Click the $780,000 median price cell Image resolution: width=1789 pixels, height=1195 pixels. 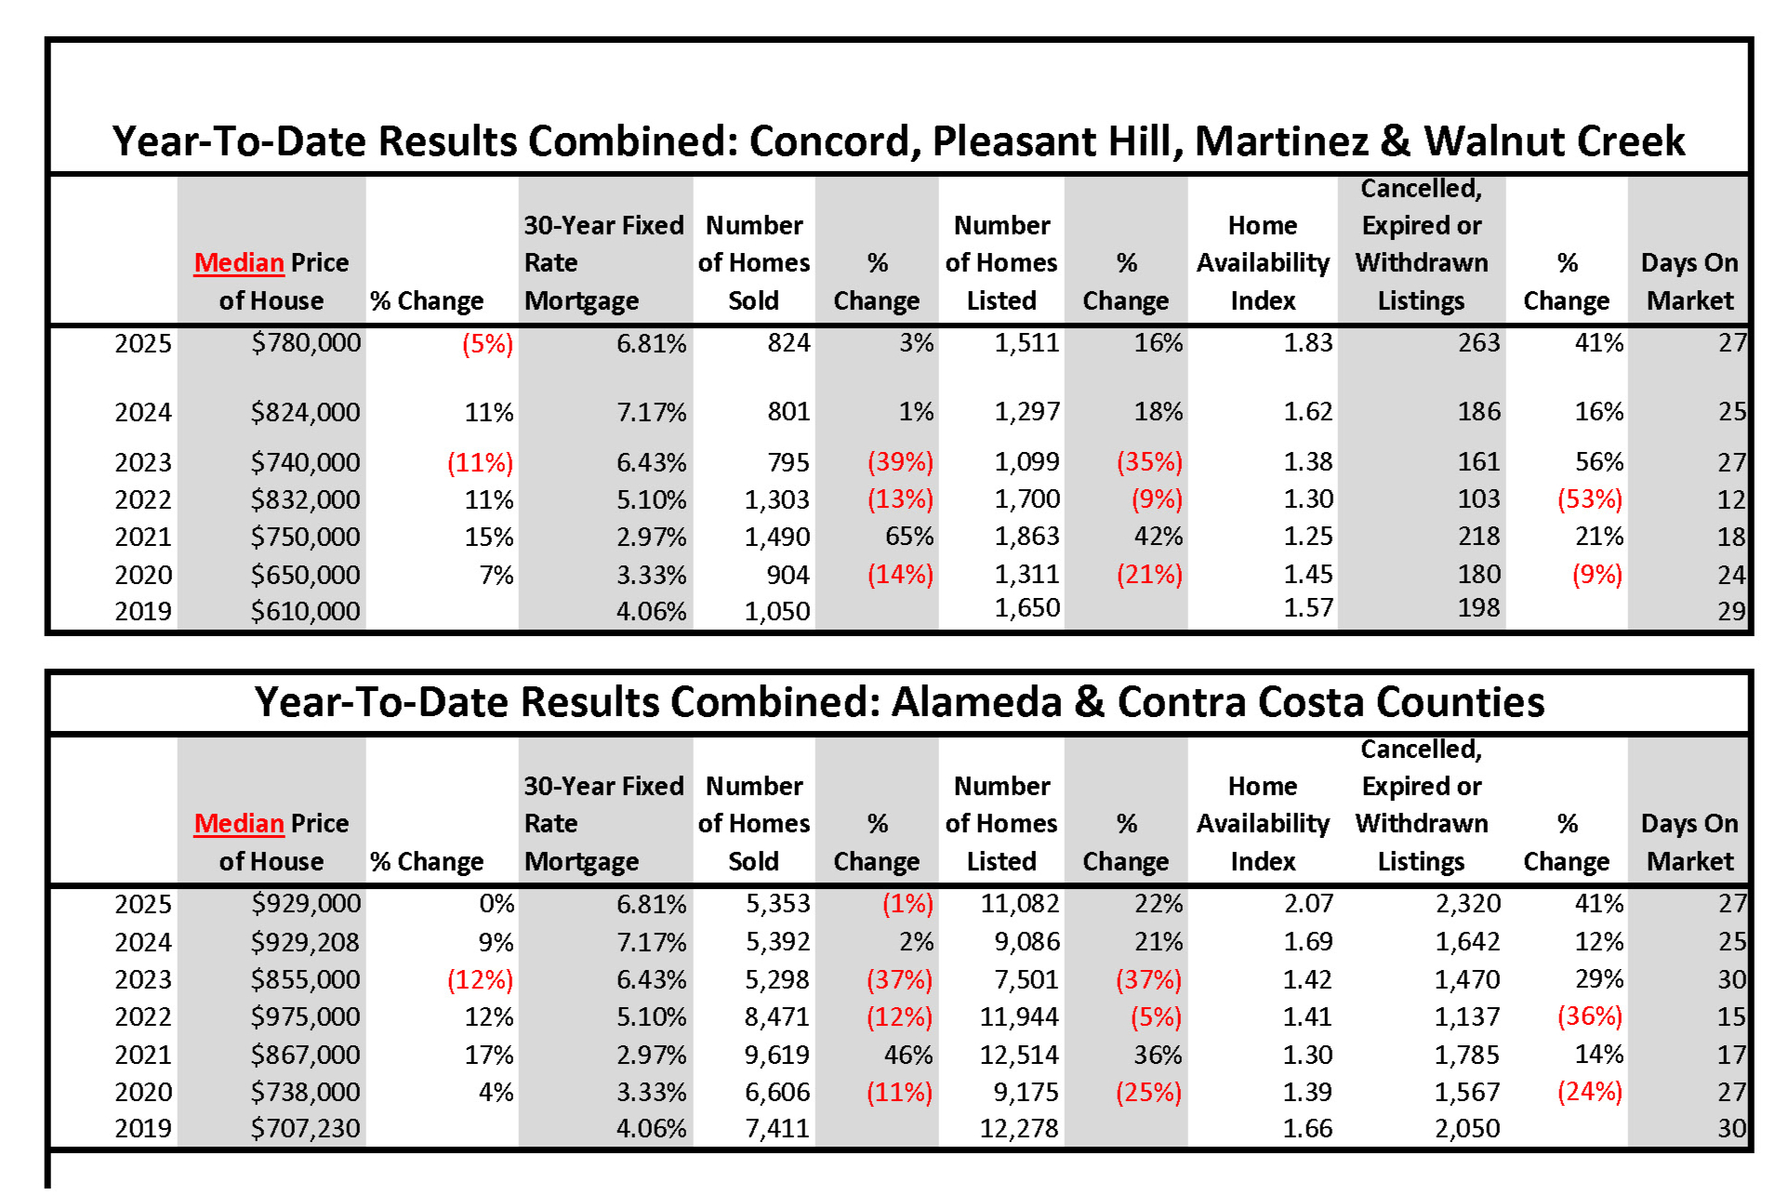click(x=306, y=343)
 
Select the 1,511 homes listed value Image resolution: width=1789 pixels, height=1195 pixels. click(x=1027, y=343)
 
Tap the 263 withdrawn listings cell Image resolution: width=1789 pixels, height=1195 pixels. click(x=1478, y=343)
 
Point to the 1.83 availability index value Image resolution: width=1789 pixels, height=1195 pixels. click(x=1307, y=343)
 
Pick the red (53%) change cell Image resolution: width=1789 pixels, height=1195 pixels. click(x=1589, y=499)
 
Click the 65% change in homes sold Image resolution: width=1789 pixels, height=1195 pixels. click(x=908, y=537)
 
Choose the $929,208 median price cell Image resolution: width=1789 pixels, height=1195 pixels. click(x=305, y=942)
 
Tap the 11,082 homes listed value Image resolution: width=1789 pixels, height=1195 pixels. click(x=1019, y=904)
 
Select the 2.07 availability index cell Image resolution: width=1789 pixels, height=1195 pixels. click(x=1307, y=904)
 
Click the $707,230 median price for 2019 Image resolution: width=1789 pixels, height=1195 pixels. click(x=305, y=1129)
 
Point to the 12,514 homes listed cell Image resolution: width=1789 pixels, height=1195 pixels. click(x=1019, y=1055)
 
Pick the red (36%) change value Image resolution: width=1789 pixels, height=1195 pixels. click(x=1589, y=1016)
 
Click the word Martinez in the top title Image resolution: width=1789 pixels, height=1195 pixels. click(x=1281, y=141)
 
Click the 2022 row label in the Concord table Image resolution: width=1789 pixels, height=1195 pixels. click(x=143, y=500)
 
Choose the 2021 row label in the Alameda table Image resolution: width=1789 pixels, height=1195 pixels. click(x=143, y=1056)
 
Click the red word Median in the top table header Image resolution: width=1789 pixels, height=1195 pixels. click(x=239, y=263)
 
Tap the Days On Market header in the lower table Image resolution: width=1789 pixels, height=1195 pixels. click(x=1690, y=843)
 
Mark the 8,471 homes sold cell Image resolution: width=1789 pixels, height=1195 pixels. click(x=777, y=1017)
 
